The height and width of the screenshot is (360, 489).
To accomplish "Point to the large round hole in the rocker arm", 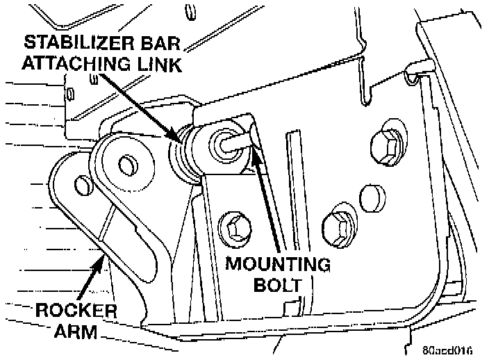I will point(127,165).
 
